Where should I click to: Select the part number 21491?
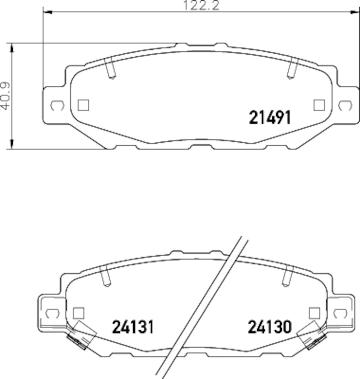[270, 117]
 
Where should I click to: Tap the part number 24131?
[133, 326]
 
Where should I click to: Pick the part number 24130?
[270, 326]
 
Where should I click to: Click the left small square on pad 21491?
[84, 105]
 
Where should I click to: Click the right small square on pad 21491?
[319, 105]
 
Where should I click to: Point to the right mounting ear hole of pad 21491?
[346, 105]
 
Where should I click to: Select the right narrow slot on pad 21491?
[291, 69]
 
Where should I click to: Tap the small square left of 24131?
[79, 313]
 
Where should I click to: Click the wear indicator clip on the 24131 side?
[81, 335]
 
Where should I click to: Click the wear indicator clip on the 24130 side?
[311, 335]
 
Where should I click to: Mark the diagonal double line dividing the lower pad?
[204, 308]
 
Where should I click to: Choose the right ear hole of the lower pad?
[340, 313]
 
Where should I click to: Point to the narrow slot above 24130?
[287, 277]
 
